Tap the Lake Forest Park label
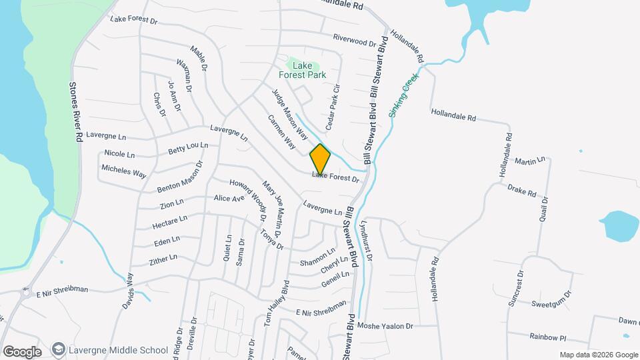click(x=307, y=70)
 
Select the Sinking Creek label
click(x=403, y=96)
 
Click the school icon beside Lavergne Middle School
click(x=59, y=349)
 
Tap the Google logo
click(x=22, y=351)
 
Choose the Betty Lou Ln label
click(x=188, y=147)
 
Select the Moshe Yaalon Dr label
click(x=385, y=326)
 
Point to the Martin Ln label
click(x=530, y=161)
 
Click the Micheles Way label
click(x=123, y=171)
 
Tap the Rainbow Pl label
click(x=549, y=337)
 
